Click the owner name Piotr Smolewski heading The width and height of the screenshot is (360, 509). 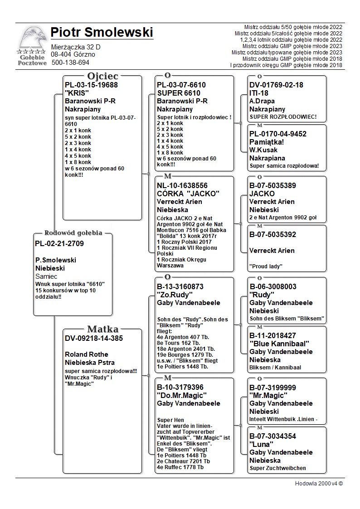tap(102, 33)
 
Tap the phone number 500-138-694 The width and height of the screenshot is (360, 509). tap(70, 63)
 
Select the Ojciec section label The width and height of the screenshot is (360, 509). tap(102, 76)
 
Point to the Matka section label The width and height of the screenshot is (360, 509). tap(102, 329)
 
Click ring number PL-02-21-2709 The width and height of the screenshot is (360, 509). tap(59, 244)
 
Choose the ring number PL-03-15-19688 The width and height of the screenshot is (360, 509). tap(91, 85)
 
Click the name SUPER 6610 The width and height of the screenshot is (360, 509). tap(178, 93)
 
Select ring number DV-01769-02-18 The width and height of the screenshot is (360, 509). tap(276, 85)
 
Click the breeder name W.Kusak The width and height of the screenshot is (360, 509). tap(263, 150)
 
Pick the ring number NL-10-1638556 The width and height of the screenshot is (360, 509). tap(182, 185)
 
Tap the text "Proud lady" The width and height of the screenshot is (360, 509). tap(266, 267)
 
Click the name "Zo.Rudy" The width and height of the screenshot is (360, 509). tap(175, 295)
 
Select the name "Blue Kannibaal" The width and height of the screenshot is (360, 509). tap(279, 344)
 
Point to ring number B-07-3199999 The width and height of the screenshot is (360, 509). tap(272, 388)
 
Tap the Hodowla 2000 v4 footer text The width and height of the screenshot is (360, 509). tap(319, 483)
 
